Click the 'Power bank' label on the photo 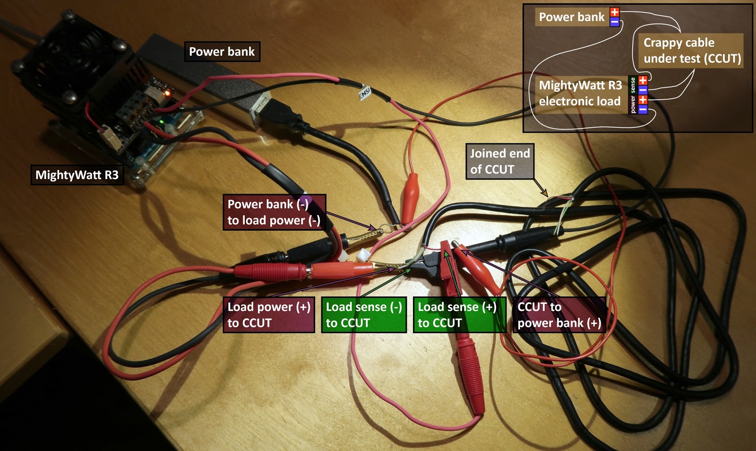pos(222,52)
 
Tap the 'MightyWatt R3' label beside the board pos(77,175)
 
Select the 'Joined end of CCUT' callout pos(499,161)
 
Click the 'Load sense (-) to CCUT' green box pos(363,315)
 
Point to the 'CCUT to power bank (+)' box pos(559,315)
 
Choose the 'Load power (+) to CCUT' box pos(268,315)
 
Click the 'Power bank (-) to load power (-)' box pos(274,212)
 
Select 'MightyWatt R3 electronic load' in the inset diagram pos(580,93)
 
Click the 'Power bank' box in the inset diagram pos(571,17)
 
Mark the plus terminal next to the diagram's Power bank pos(614,13)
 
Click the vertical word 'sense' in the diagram pos(633,86)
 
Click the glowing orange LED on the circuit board pos(166,93)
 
